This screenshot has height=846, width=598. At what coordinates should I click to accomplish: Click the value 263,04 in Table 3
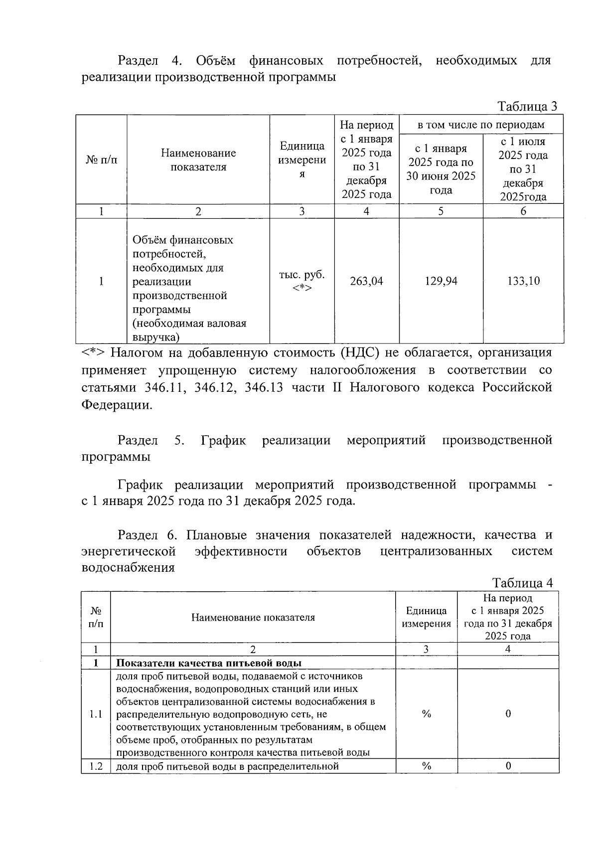pos(366,281)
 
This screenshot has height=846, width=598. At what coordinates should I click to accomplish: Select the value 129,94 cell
pos(441,281)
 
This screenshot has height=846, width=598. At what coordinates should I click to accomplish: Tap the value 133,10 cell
pos(523,281)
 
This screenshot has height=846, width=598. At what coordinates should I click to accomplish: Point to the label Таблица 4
pos(522,583)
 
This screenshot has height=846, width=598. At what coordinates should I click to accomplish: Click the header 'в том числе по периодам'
pos(481,125)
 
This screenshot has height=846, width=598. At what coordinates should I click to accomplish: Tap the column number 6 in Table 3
pos(523,211)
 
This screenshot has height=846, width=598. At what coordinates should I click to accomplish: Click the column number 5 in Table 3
pos(441,211)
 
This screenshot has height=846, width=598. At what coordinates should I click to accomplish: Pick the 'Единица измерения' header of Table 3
pos(302,160)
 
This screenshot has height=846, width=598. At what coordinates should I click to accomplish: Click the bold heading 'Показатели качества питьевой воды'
pos(209,663)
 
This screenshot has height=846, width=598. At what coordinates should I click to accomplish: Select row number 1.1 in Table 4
pos(96,714)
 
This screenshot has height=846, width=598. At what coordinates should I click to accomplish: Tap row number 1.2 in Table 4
pos(96,766)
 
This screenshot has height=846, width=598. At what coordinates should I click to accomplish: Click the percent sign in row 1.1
pos(426,714)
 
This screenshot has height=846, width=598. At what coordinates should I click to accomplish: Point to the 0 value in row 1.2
pos(508,766)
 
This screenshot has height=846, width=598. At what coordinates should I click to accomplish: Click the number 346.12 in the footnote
pos(214,387)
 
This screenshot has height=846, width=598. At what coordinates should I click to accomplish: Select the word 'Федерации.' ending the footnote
pos(117,404)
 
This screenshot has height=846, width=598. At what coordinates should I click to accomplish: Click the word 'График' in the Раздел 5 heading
pos(223,440)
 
